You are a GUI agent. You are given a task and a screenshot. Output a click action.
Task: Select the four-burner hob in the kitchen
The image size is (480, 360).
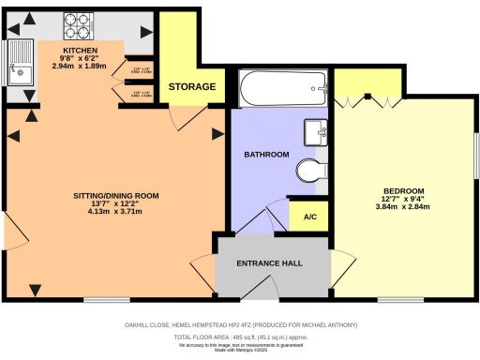click(74, 22)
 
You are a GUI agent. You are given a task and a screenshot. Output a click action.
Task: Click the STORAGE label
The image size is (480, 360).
click(192, 87)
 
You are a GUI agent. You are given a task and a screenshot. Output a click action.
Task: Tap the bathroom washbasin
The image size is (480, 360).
click(314, 132)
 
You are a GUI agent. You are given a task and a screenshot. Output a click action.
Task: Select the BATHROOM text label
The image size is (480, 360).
click(265, 154)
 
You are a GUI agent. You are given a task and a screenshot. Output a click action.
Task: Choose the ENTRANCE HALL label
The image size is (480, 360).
click(271, 263)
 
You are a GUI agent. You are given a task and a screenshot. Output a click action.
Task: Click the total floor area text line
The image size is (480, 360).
click(241, 335)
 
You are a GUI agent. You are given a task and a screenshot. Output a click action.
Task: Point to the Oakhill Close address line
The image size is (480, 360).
click(241, 324)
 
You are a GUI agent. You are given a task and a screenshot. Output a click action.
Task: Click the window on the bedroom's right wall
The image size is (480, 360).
click(475, 154)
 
